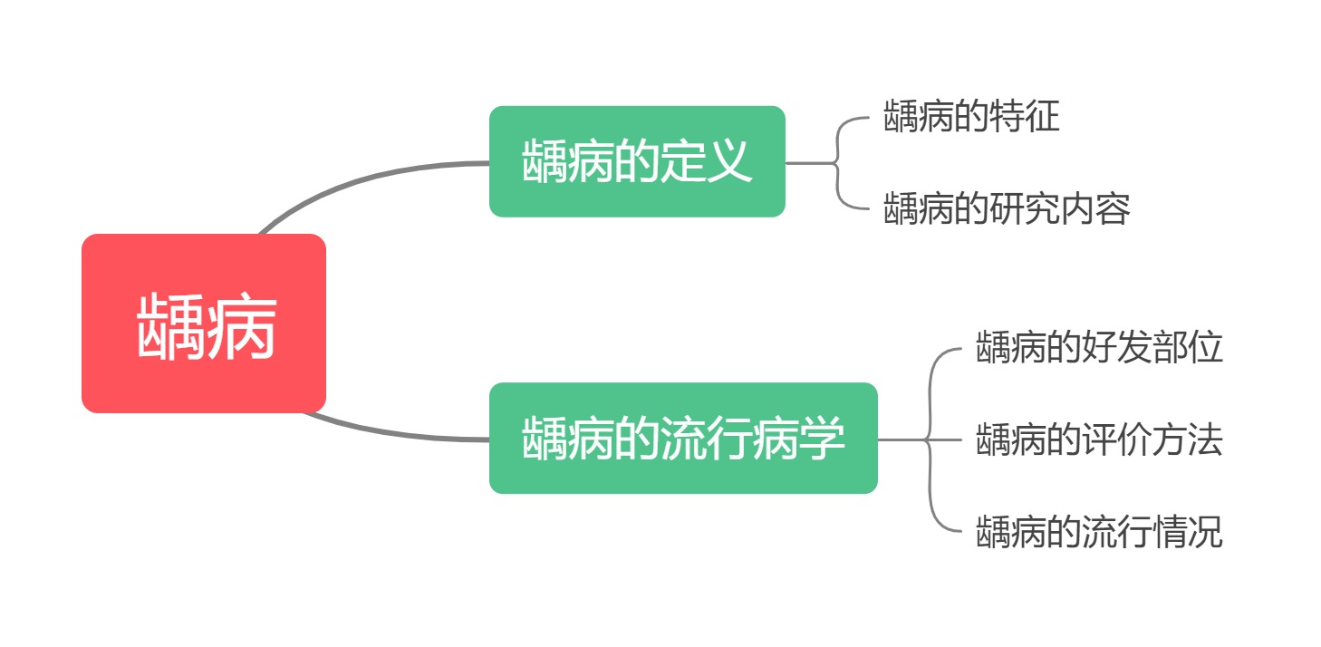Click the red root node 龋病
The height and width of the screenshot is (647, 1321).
(203, 323)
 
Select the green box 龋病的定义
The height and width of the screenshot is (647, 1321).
(636, 161)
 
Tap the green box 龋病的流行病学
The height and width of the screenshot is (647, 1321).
(683, 439)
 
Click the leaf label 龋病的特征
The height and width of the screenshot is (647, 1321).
(971, 118)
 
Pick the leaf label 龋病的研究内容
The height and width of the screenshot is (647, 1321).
(1007, 209)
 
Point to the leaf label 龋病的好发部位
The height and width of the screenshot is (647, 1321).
(1099, 348)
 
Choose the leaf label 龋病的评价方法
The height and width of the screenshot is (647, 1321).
(1099, 440)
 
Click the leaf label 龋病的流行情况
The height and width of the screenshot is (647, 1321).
(1099, 532)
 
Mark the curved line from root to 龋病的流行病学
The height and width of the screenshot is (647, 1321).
(390, 433)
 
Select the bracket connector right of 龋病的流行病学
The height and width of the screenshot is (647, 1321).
(930, 440)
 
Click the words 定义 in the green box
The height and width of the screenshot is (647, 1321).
(706, 161)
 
